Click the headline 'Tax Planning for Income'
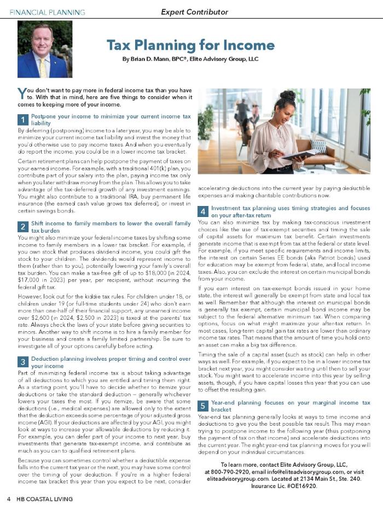(190, 45)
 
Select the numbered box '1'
(23, 120)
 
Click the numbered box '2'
(23, 227)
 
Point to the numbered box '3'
(23, 362)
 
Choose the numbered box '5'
(202, 406)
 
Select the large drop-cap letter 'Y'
(22, 93)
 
